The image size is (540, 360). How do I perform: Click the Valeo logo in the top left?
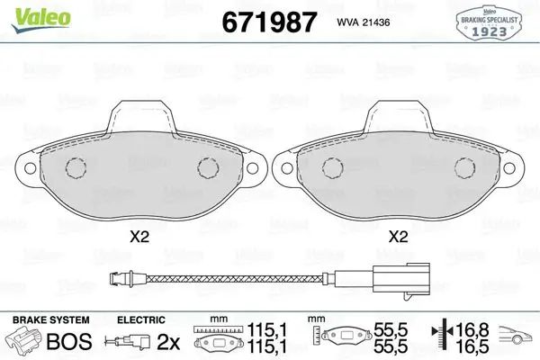41,19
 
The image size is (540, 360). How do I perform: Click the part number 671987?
269,22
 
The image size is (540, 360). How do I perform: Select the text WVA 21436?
364,22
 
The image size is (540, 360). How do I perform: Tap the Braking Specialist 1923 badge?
489,22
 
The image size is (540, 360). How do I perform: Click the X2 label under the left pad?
139,237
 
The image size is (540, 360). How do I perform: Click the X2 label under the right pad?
398,237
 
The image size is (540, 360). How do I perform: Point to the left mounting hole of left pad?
31,168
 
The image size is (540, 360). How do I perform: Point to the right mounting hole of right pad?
509,168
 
